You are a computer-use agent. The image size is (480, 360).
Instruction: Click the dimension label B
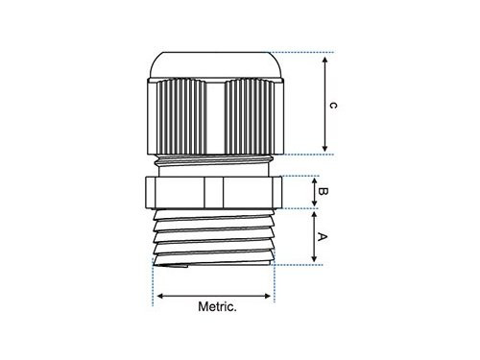(323, 192)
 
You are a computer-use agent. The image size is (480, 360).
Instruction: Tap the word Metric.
(217, 308)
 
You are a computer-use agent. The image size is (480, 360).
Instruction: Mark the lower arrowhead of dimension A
(316, 258)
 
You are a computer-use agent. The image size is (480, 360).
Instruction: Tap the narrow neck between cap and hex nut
(213, 165)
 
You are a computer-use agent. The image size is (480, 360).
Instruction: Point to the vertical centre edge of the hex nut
(208, 191)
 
